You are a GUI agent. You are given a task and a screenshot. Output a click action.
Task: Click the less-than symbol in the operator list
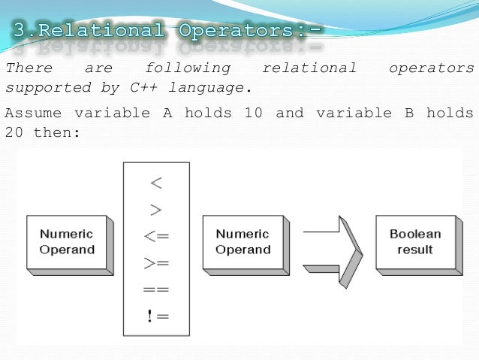coord(156,183)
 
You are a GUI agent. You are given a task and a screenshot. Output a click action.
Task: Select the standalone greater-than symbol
coord(156,210)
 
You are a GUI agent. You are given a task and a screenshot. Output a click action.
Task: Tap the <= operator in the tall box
coord(156,236)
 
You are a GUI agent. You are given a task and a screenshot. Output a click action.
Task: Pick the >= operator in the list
coord(156,263)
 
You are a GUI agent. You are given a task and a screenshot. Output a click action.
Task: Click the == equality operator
coord(156,289)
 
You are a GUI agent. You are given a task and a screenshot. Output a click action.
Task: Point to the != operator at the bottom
coord(158,316)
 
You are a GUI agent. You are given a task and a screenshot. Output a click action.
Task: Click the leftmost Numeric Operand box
coord(67,242)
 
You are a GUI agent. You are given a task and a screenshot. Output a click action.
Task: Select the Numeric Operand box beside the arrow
coord(243,242)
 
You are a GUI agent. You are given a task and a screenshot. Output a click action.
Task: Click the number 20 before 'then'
coord(13,132)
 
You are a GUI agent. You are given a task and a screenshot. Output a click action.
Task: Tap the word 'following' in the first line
coord(188,68)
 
